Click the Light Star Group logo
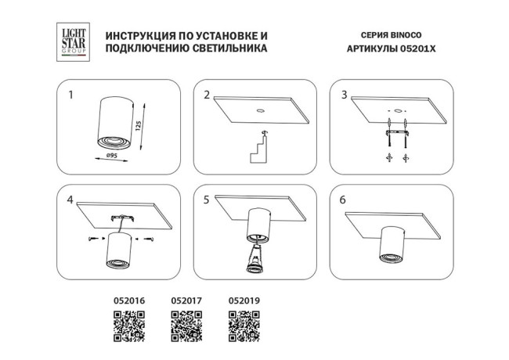click(73, 41)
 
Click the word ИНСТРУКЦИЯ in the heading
click(136, 35)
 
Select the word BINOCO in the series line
click(406, 35)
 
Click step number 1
click(70, 95)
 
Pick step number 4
click(70, 200)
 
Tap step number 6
click(343, 200)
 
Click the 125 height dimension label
click(139, 126)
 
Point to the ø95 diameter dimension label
click(111, 156)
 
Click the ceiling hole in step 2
click(260, 110)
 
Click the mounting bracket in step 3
click(397, 133)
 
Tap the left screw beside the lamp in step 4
click(92, 239)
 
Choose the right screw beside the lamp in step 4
click(149, 239)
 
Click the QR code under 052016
click(129, 326)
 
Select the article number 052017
click(186, 301)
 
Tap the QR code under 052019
click(244, 326)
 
